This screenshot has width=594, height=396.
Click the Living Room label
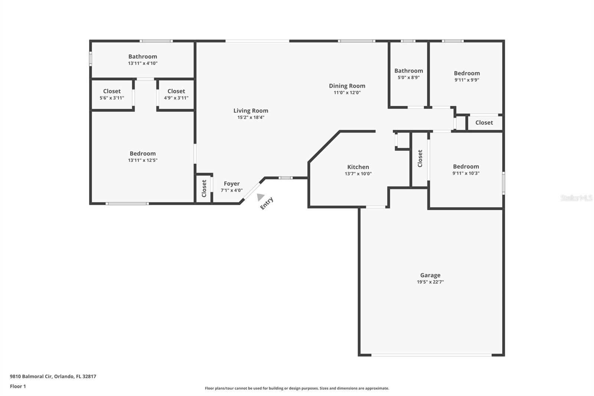pos(251,110)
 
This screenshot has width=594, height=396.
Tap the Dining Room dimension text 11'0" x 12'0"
pos(347,92)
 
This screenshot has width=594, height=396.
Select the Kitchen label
pos(358,167)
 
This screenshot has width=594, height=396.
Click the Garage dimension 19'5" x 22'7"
pos(430,282)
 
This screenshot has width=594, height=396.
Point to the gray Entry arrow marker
pos(261,197)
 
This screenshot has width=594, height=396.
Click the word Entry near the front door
pos(267,203)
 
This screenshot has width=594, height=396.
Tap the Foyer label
pos(232,184)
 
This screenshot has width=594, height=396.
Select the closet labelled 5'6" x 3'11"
pos(112,94)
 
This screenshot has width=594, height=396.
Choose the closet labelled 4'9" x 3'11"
pos(176,94)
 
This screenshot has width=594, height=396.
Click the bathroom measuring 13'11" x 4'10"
pos(143,59)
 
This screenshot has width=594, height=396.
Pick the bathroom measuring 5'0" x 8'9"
pos(408,74)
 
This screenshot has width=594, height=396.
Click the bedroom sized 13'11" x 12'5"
pos(143,156)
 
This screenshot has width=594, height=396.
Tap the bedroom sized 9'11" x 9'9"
pos(467,76)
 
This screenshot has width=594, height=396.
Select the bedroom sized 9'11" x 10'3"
pos(466,169)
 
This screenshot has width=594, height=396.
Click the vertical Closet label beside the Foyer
pos(204,188)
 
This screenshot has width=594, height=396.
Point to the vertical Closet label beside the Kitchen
pos(420,159)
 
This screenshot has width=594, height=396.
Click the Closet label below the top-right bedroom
pos(484,123)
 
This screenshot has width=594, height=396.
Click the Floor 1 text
pos(18,386)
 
